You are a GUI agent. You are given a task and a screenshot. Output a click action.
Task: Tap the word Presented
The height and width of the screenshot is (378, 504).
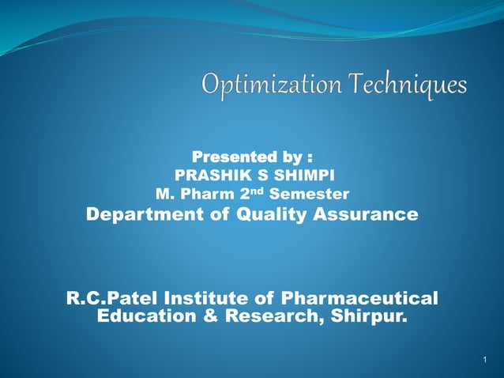(228, 157)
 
